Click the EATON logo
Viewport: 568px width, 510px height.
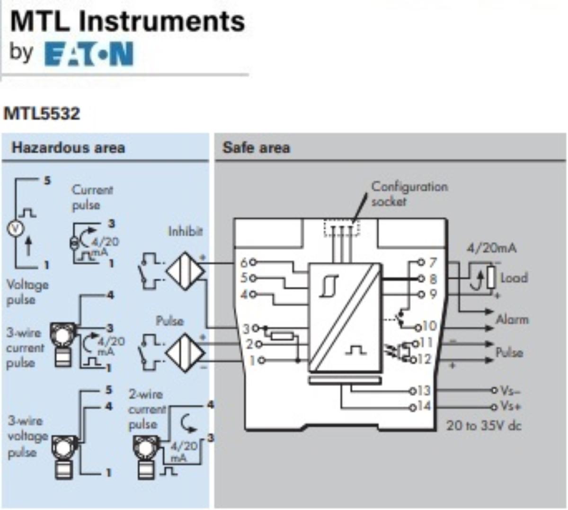tap(89, 54)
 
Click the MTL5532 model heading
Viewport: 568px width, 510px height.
tap(42, 114)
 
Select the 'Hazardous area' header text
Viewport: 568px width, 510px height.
tap(68, 148)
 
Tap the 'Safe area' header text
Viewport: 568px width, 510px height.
tap(256, 148)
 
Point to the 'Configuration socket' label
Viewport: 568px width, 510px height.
tap(409, 194)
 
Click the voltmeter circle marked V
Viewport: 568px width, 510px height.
tap(16, 228)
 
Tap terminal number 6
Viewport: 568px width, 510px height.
tap(244, 262)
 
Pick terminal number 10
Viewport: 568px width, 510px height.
tap(428, 326)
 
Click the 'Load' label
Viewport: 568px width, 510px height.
tap(514, 278)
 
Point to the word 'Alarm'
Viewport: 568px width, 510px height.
tap(512, 320)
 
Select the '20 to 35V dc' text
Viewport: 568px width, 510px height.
tap(484, 425)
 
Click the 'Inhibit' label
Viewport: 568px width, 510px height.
tap(186, 232)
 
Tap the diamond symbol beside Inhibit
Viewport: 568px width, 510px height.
tap(185, 271)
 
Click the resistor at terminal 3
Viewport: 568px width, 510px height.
tap(283, 336)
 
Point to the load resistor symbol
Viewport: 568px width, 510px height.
tap(491, 277)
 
